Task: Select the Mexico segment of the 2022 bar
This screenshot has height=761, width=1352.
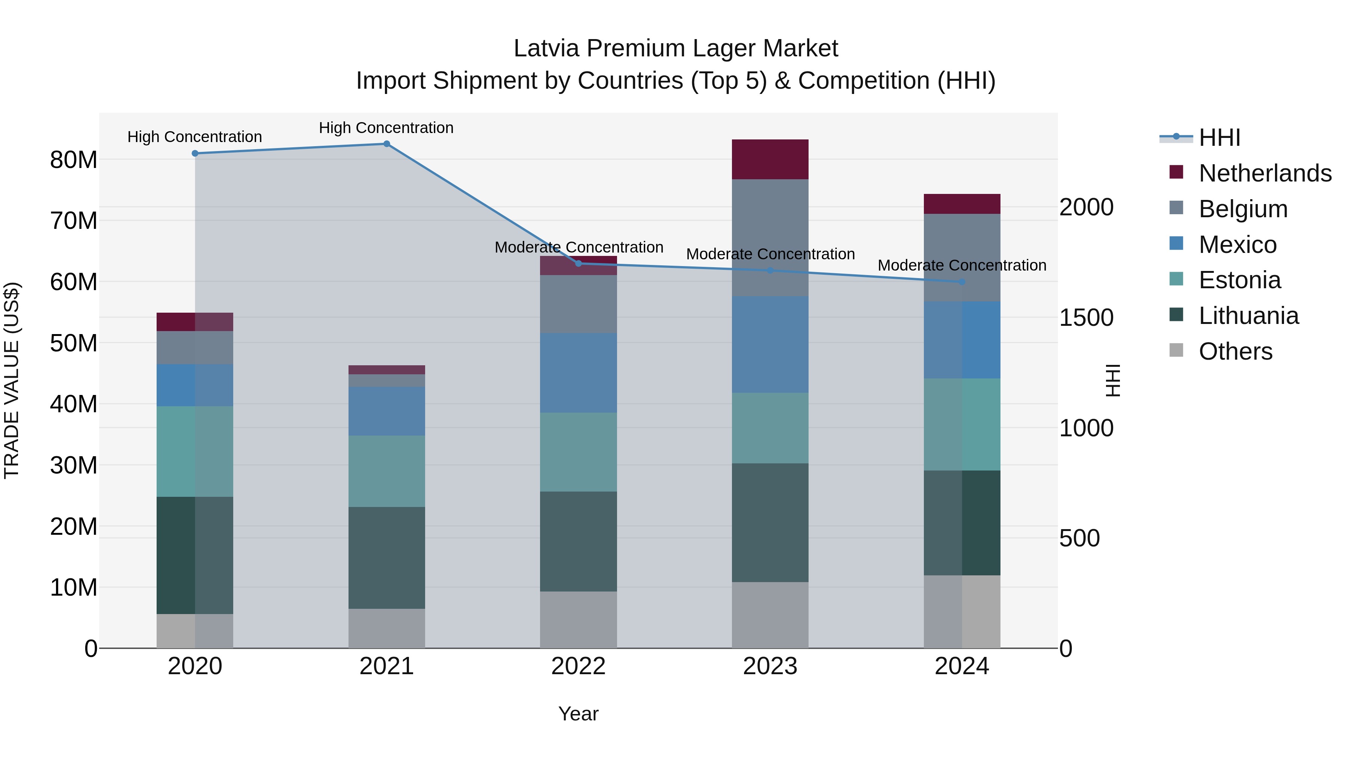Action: [x=578, y=372]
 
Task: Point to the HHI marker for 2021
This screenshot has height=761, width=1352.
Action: [x=387, y=144]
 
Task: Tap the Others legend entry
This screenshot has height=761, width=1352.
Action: [x=1236, y=351]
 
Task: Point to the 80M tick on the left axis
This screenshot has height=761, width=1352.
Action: [x=74, y=160]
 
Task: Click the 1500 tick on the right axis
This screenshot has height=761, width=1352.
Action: [x=1086, y=318]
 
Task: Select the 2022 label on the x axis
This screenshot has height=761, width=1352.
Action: [x=578, y=666]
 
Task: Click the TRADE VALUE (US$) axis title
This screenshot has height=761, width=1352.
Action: [x=12, y=380]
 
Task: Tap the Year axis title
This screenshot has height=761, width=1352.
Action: [x=578, y=714]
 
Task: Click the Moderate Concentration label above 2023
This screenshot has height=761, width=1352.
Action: [x=770, y=254]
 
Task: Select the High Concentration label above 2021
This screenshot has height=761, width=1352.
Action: [x=386, y=128]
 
